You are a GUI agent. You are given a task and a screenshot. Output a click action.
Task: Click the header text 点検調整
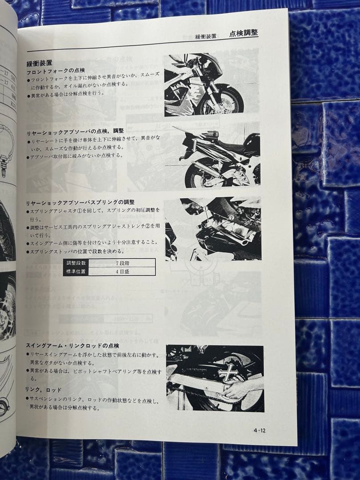coord(244,33)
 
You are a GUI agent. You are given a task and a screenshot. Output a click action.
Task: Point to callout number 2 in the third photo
coord(232,218)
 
